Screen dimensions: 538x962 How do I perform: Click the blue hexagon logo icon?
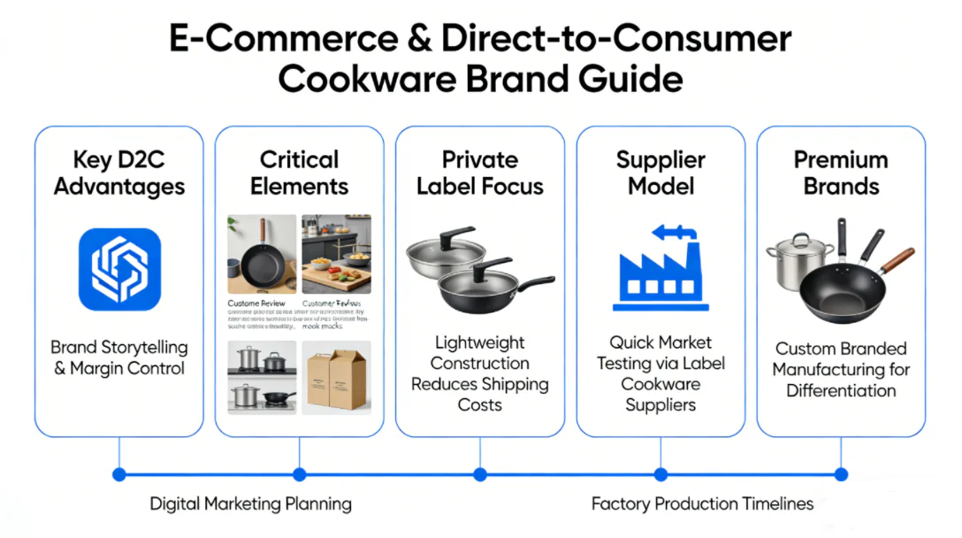point(119,269)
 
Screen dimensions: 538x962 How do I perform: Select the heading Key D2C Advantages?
point(119,173)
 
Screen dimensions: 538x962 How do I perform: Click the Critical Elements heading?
point(299,173)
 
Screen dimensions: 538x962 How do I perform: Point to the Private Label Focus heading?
point(479,173)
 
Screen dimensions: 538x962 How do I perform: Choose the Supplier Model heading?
point(660,173)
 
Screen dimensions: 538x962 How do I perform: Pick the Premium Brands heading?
point(841,173)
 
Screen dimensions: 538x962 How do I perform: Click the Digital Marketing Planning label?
point(250,504)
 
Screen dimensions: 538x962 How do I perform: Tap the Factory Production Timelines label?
point(702,504)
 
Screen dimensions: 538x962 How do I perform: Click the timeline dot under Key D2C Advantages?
point(119,474)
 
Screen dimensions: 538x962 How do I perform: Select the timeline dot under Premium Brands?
point(841,474)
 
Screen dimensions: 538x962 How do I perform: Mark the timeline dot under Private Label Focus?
point(480,474)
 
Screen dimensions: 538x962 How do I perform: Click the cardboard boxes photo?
point(337,378)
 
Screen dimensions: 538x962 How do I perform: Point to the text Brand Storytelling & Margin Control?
point(119,358)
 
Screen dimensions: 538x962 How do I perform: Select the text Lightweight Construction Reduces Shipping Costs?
point(479,373)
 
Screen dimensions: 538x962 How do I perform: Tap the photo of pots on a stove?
point(262,378)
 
